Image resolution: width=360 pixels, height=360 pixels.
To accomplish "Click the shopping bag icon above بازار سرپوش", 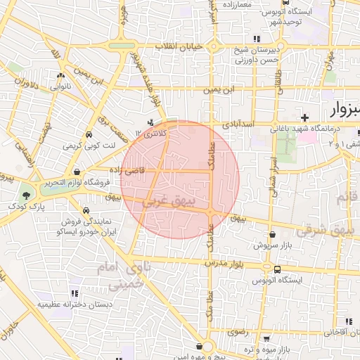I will pyautogui.click(x=272, y=235).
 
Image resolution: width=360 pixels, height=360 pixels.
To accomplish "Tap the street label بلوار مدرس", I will pyautogui.click(x=223, y=262).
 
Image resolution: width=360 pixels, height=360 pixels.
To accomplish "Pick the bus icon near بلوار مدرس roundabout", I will pyautogui.click(x=277, y=269).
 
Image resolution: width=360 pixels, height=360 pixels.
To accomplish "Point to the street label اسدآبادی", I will pyautogui.click(x=240, y=123).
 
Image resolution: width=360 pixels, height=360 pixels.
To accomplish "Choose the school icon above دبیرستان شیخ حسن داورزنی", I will pyautogui.click(x=257, y=39).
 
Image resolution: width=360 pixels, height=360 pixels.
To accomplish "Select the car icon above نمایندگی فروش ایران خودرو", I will pyautogui.click(x=86, y=210).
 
